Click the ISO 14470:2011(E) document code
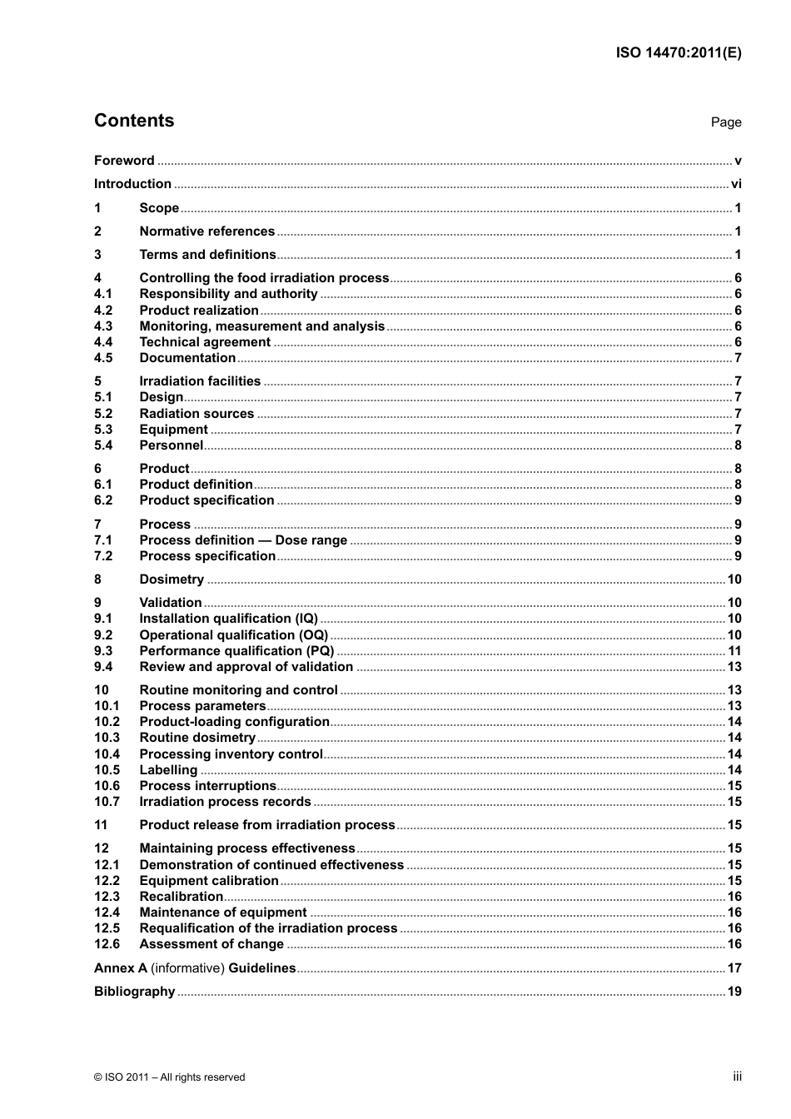coord(678,52)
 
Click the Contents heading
coord(134,121)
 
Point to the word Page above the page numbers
coord(725,122)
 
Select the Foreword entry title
coord(124,161)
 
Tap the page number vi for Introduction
coord(736,184)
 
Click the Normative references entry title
coord(206,231)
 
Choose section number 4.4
coord(103,342)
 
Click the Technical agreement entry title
coord(205,342)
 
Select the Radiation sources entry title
coord(197,414)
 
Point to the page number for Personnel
coord(738,445)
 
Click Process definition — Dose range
coord(243,540)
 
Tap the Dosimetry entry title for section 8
coord(172,579)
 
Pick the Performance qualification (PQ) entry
coord(236,651)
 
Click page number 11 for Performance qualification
coord(734,651)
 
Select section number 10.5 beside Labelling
coord(107,770)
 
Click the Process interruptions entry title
coord(207,786)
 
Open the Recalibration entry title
coord(181,897)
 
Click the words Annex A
coord(120,968)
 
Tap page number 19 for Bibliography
coord(734,992)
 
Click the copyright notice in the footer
coord(170,1077)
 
